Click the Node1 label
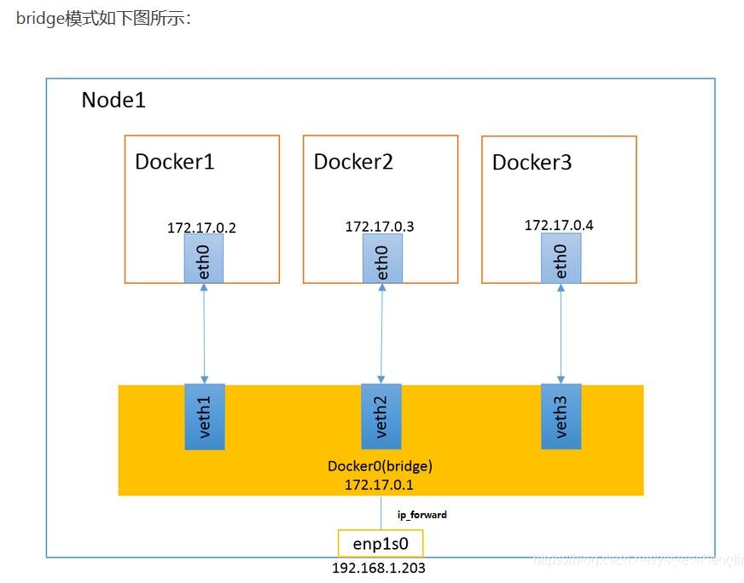click(113, 100)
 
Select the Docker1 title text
click(174, 162)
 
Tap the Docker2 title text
click(353, 162)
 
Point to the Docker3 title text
click(532, 163)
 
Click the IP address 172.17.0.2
click(201, 228)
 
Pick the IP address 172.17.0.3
click(380, 227)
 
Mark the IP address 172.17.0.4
click(559, 226)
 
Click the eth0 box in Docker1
click(204, 259)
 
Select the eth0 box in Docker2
click(381, 259)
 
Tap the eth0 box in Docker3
click(561, 259)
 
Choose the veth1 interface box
click(204, 416)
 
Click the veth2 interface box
click(381, 416)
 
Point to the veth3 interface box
click(561, 416)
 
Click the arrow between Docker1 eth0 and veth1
click(204, 333)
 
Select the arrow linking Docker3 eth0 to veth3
click(561, 333)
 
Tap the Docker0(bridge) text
click(380, 466)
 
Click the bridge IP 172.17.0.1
click(380, 483)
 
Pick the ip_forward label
click(422, 515)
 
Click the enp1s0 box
click(381, 544)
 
